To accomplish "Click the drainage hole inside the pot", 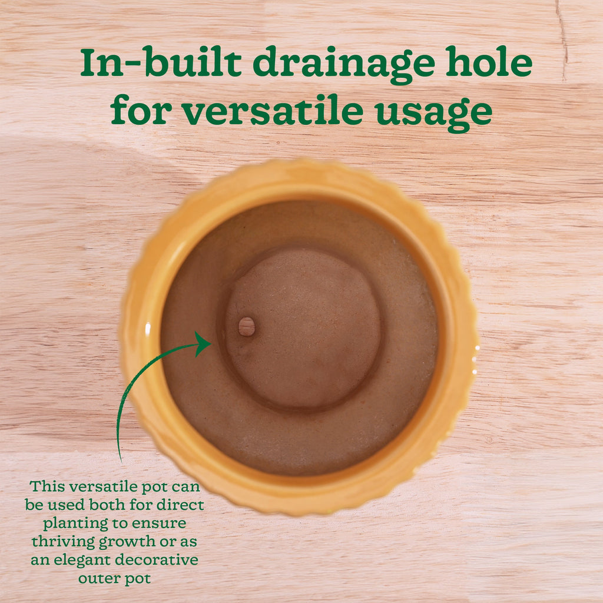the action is tap(247, 326).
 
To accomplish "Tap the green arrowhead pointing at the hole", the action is tap(203, 344).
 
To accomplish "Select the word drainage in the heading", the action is tap(344, 65).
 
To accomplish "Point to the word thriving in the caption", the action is tap(63, 542).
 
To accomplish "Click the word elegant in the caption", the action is tap(82, 561).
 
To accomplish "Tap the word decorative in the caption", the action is tap(157, 560).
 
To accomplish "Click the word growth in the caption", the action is tap(127, 542).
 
